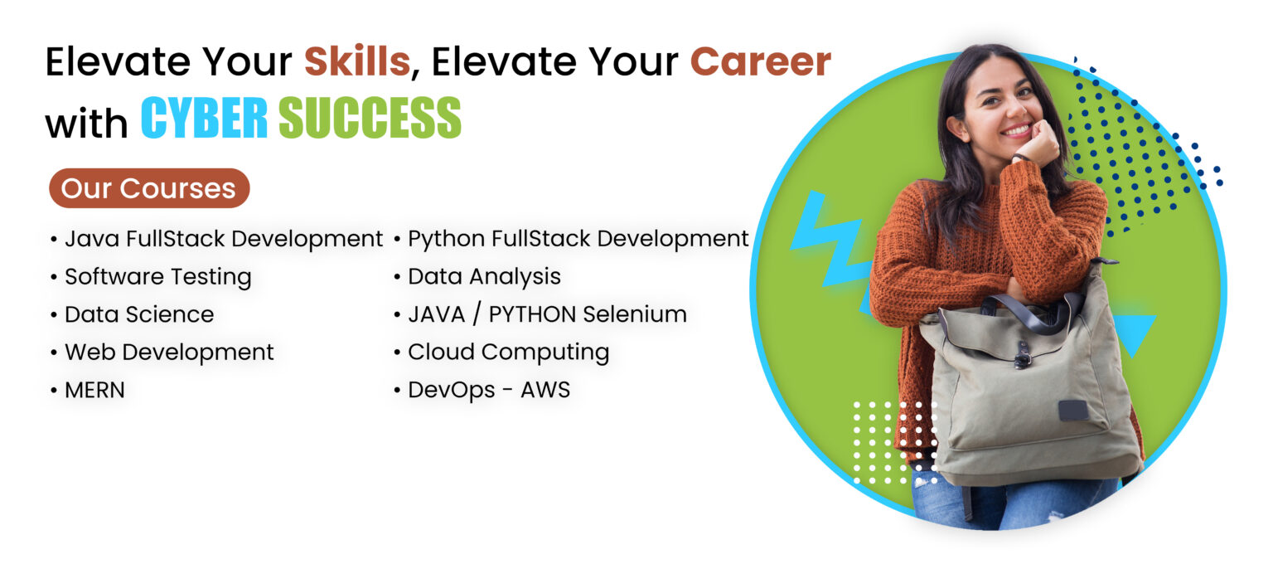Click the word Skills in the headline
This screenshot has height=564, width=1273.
tap(357, 62)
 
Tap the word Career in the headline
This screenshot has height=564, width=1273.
tap(760, 62)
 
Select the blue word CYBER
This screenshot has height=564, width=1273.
tap(204, 119)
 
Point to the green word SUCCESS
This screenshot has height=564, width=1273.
tap(370, 119)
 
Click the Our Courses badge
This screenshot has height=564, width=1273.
tap(149, 188)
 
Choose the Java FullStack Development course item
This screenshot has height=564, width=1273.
tap(224, 239)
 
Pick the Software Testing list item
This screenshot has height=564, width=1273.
tap(157, 276)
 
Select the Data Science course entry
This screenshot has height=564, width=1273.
tap(139, 314)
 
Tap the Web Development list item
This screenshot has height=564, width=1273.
tap(169, 352)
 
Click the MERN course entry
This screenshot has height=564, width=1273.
tap(94, 390)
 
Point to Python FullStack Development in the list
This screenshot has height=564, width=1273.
tap(578, 239)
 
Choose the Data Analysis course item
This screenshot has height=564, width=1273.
tap(484, 276)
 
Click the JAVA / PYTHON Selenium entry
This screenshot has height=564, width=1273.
tap(547, 314)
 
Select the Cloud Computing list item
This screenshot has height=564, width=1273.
tap(508, 352)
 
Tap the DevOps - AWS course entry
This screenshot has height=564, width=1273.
tap(489, 390)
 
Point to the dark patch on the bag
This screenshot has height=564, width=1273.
tap(1073, 410)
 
